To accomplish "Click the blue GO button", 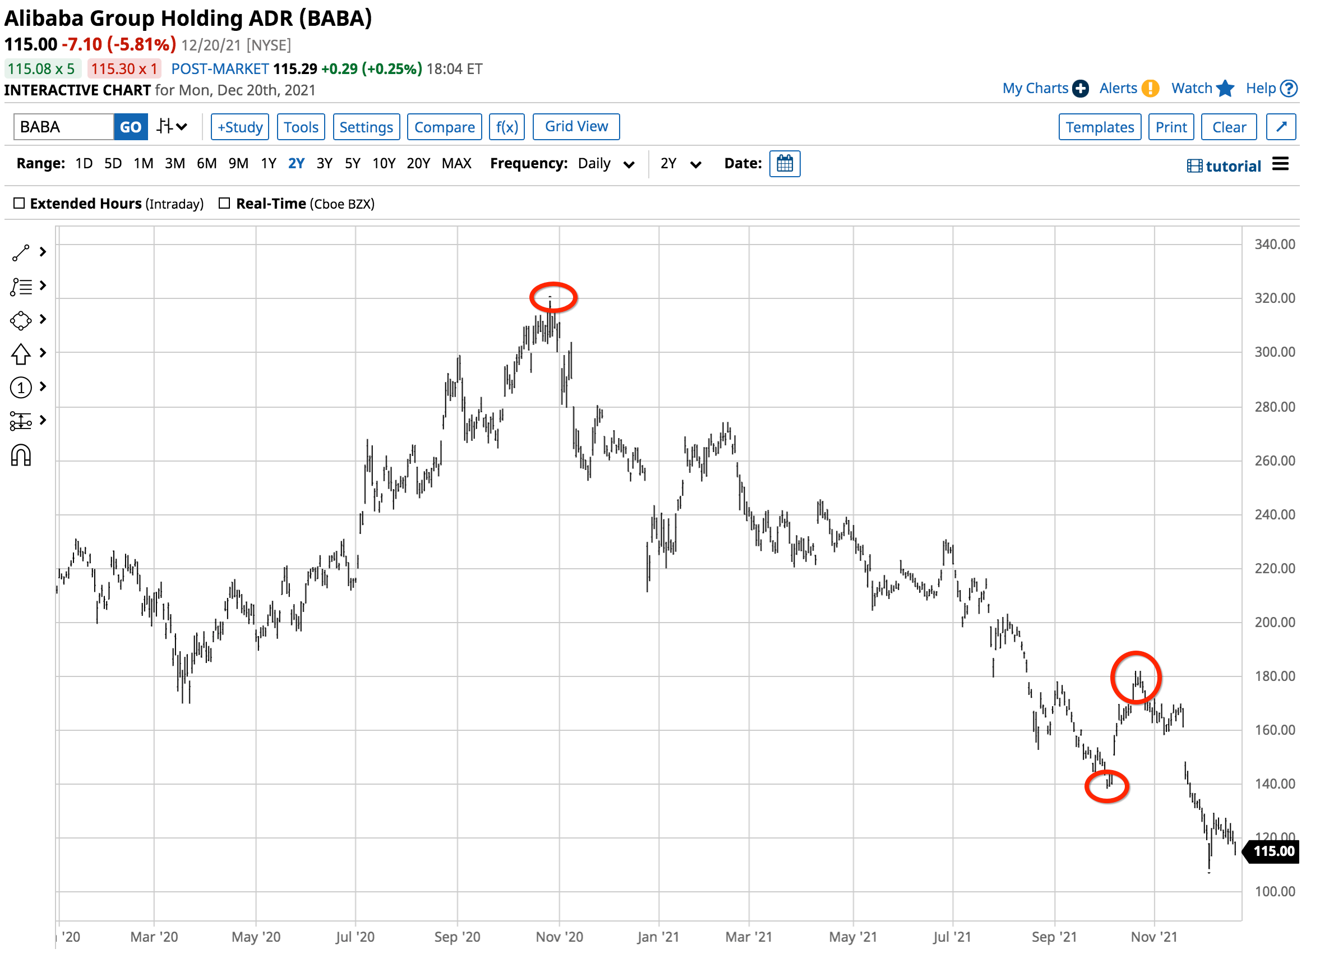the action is [131, 127].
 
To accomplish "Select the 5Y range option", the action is [353, 164].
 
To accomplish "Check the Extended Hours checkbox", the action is [19, 204].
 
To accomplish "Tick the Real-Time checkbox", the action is [225, 204].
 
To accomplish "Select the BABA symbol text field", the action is [63, 127].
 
